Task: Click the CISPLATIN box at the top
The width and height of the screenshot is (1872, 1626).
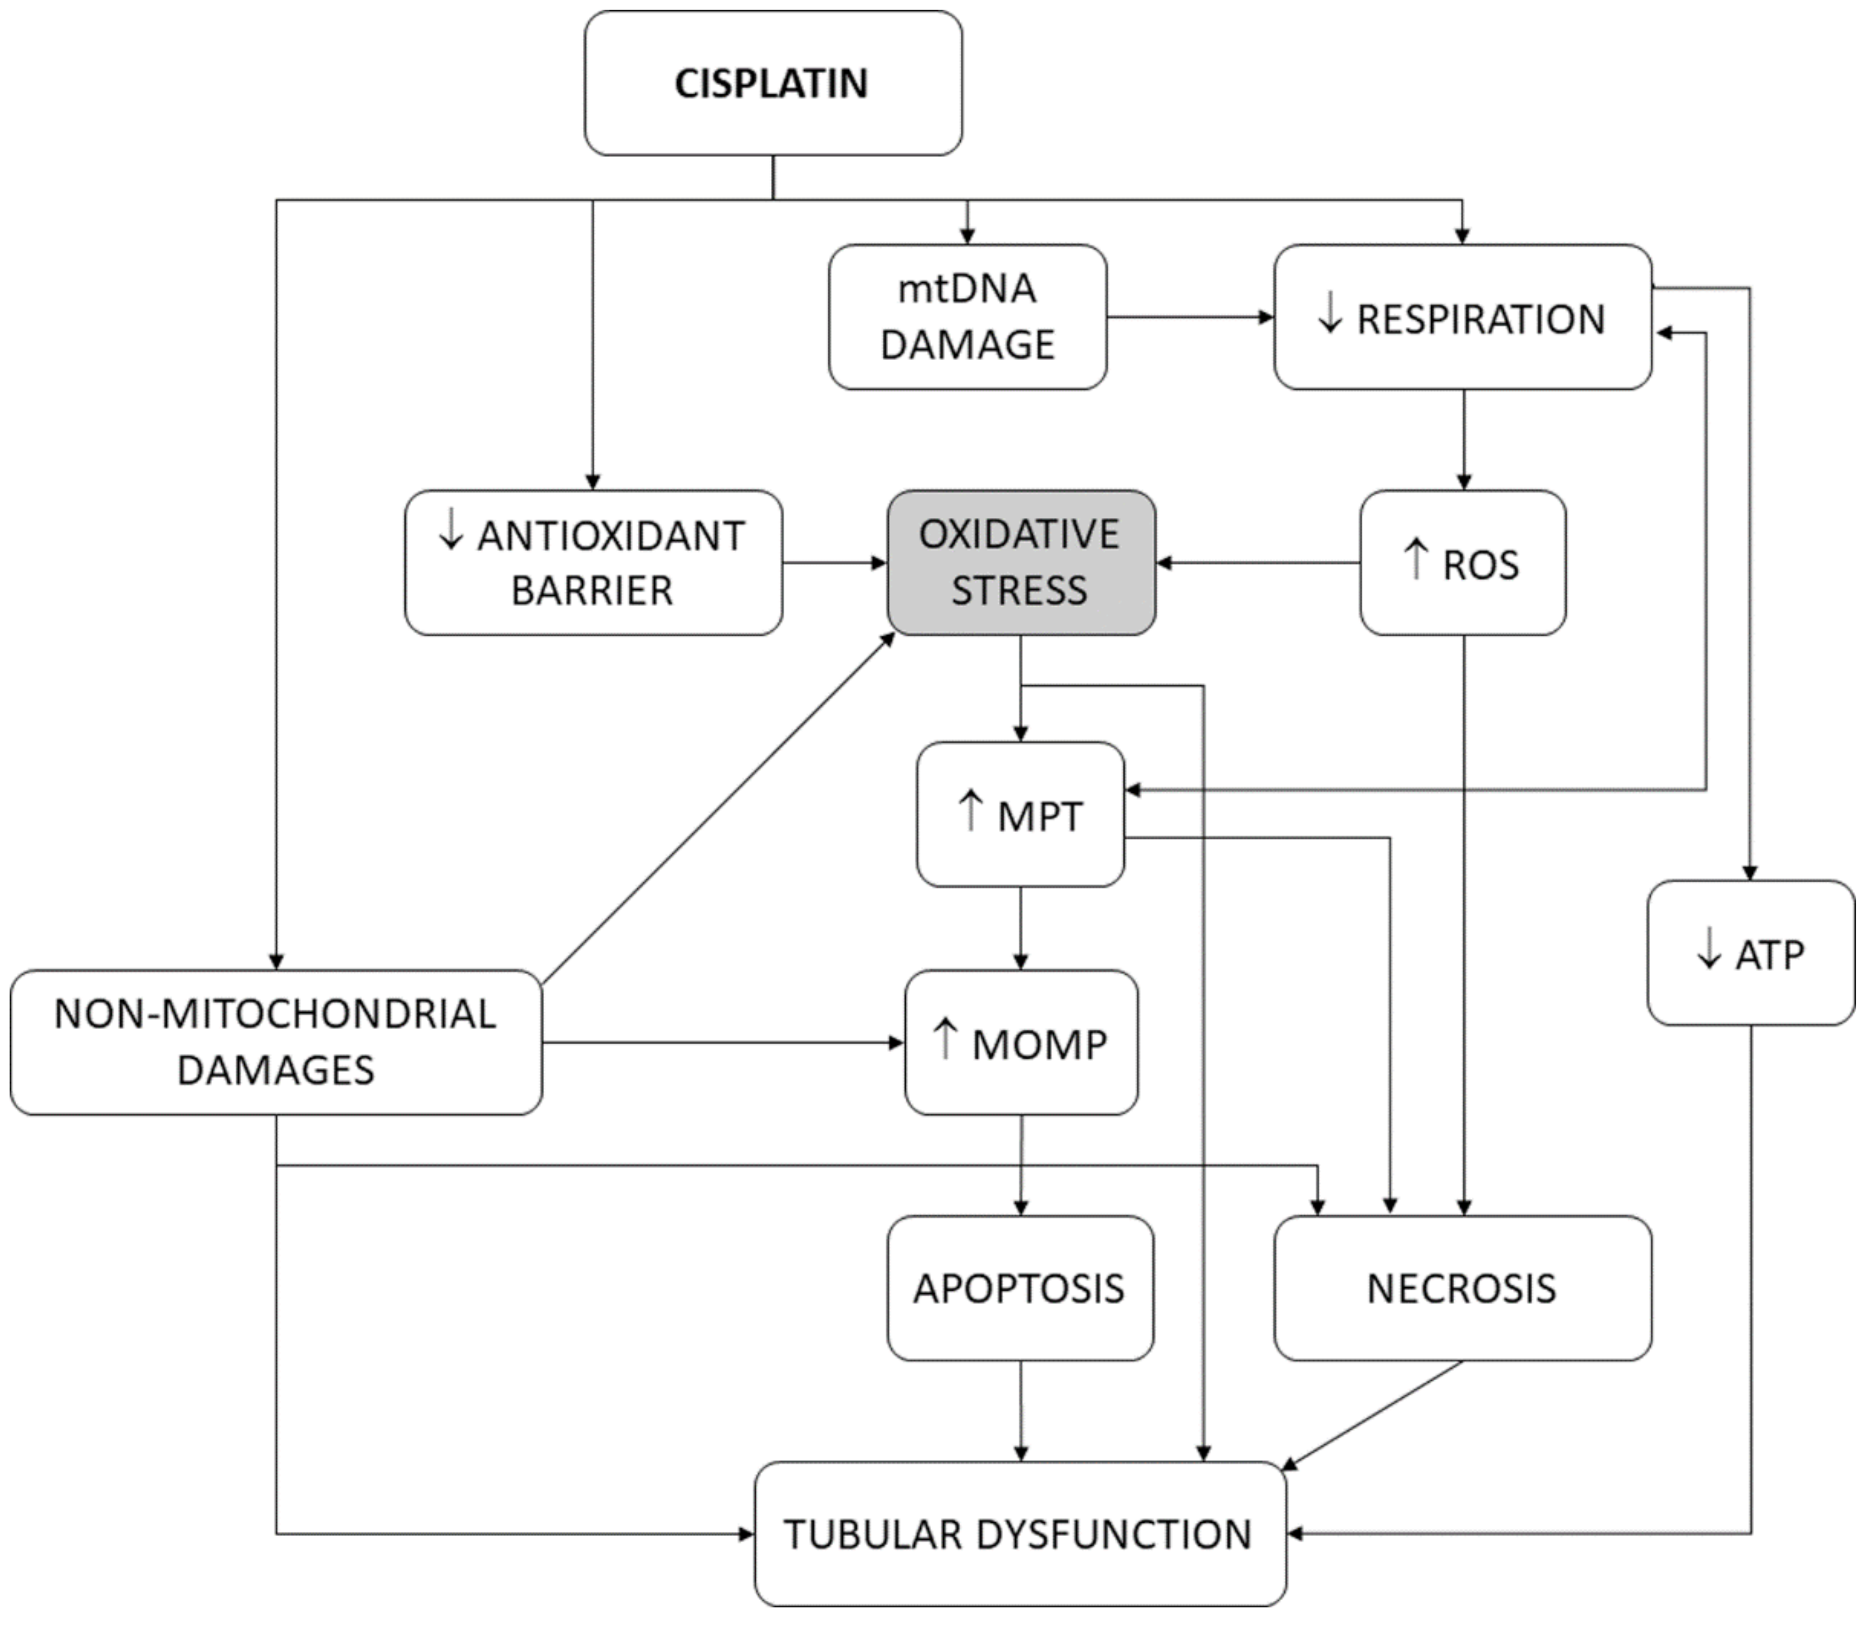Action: point(773,84)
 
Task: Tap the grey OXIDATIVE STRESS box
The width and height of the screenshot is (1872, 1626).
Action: point(1020,563)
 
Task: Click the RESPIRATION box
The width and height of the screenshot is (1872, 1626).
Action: point(1462,316)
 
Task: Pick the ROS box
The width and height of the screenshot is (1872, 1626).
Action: point(1462,563)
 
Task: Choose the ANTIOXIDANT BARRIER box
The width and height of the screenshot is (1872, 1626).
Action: point(593,563)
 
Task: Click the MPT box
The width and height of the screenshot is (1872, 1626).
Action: point(1020,814)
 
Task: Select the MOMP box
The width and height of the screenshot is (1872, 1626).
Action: point(1020,1042)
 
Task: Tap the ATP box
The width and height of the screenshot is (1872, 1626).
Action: point(1750,953)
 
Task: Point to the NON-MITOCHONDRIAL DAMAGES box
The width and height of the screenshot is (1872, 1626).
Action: point(276,1042)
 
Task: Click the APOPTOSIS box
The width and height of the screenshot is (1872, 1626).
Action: point(1020,1288)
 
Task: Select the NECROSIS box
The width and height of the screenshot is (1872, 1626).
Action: point(1462,1288)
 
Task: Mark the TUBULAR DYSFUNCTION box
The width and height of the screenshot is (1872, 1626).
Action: point(1020,1535)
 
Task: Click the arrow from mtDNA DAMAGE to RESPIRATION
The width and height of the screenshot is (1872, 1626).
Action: point(1189,318)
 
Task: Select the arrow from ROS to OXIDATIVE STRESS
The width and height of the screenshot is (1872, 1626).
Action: point(1257,563)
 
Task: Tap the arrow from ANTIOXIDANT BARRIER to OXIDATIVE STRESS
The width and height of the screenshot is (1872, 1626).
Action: point(833,563)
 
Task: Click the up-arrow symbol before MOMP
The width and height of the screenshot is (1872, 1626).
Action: point(945,1039)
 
